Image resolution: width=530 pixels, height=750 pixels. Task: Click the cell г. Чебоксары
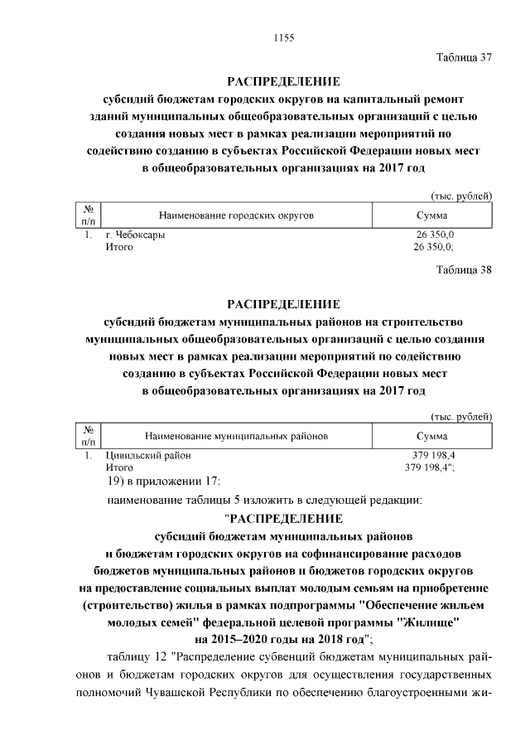pyautogui.click(x=135, y=235)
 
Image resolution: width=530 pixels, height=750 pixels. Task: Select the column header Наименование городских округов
pyautogui.click(x=237, y=215)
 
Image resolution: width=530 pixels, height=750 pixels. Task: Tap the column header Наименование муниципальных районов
pyautogui.click(x=237, y=435)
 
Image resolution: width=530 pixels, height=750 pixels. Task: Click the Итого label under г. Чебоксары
pyautogui.click(x=119, y=247)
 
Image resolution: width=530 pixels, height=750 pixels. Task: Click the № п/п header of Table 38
pyautogui.click(x=88, y=435)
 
